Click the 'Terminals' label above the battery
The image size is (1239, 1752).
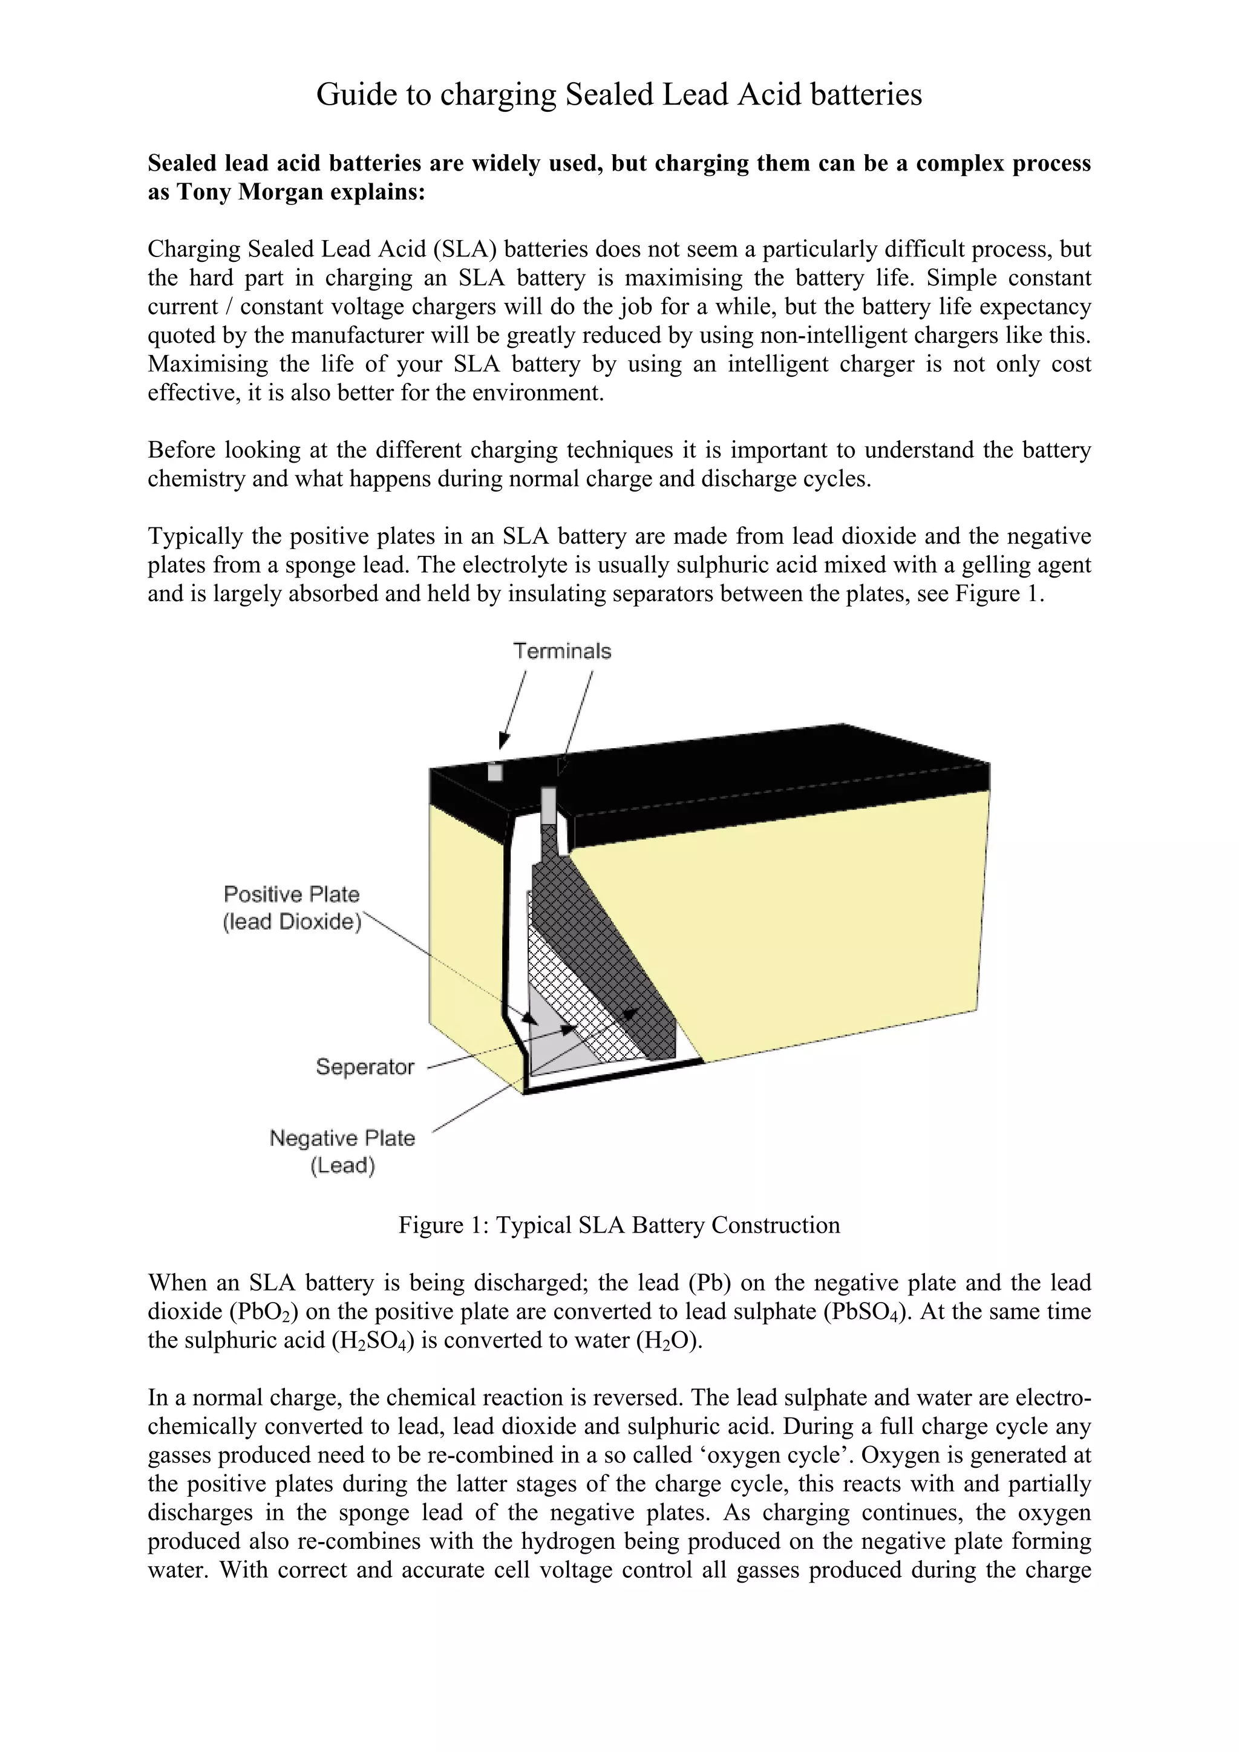pos(562,651)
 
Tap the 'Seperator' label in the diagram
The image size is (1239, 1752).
pos(365,1066)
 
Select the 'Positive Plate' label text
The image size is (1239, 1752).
pos(292,894)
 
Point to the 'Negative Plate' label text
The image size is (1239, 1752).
pos(342,1138)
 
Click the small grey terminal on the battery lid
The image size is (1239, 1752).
pos(495,772)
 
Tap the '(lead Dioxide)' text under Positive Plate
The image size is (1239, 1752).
pos(292,921)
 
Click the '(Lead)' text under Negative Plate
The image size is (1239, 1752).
pos(342,1165)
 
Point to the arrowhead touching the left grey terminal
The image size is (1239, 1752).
pos(502,740)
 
